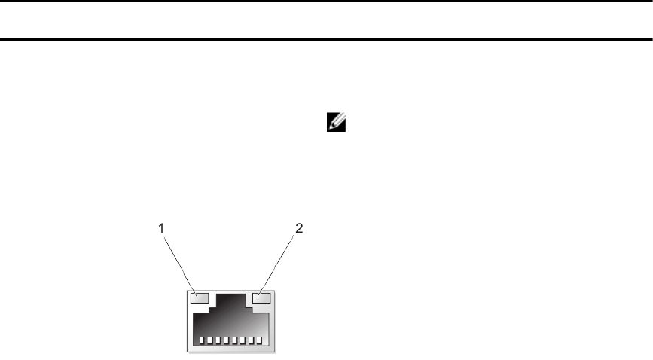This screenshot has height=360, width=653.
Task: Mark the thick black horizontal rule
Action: [326, 38]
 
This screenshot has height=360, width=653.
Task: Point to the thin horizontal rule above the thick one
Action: [326, 2]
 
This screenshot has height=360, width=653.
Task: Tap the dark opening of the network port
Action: [230, 320]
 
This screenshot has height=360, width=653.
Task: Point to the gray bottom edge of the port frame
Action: [230, 349]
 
